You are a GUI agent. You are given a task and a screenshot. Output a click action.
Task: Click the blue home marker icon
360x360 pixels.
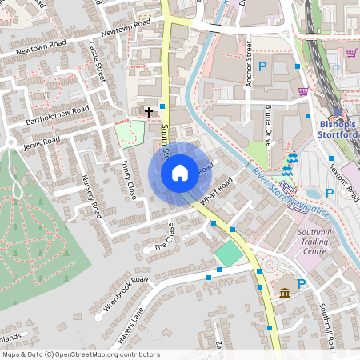(x=180, y=172)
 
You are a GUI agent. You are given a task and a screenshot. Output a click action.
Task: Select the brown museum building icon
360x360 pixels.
(x=285, y=294)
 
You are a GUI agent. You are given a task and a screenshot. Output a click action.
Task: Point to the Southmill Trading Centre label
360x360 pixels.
(x=300, y=242)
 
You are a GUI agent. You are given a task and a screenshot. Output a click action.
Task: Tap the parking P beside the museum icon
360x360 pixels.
(x=302, y=284)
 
